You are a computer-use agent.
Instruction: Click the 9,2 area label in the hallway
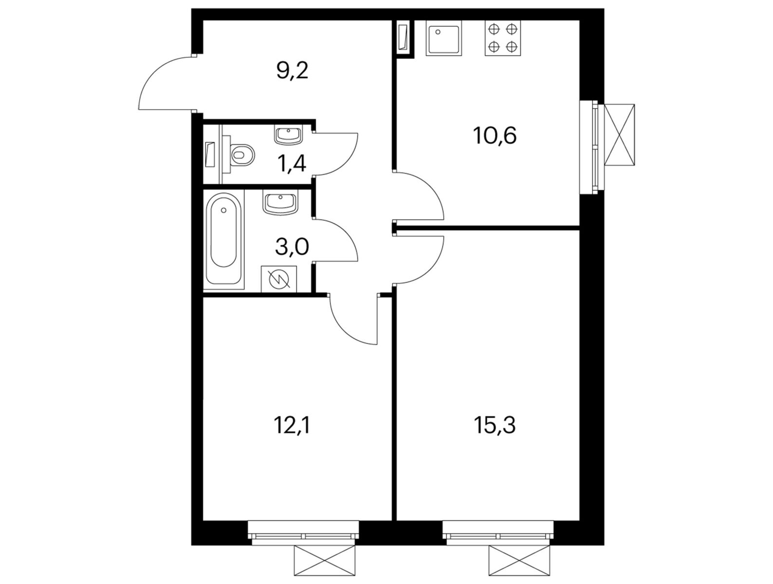point(292,71)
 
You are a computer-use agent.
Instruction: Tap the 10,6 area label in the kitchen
point(495,135)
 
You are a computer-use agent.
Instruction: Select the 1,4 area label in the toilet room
point(291,164)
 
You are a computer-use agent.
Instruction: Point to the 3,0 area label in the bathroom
point(292,246)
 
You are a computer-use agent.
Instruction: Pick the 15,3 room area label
point(495,425)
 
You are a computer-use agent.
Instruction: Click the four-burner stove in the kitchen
point(502,37)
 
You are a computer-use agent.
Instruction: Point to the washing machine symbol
point(278,279)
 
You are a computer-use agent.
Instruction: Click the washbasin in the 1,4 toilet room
point(289,135)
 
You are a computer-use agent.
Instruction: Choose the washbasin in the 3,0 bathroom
point(280,203)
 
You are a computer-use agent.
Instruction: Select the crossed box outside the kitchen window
point(619,134)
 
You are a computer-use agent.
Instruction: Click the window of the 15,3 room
point(497,531)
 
